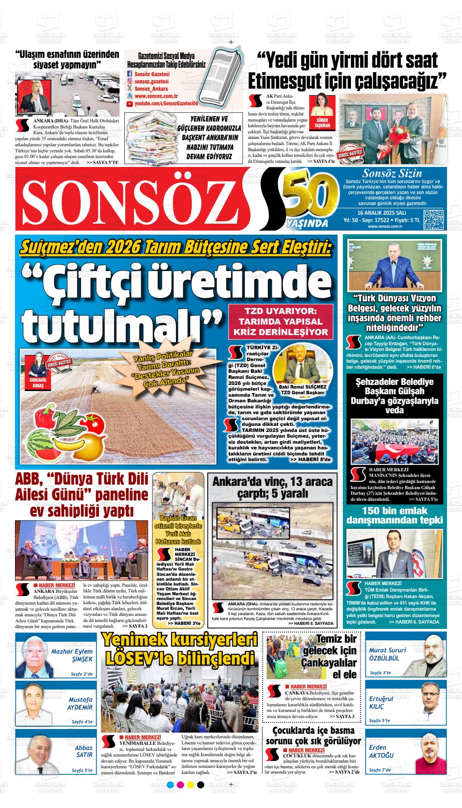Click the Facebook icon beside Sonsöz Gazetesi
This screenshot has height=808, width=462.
(x=130, y=74)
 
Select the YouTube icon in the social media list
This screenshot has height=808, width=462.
(x=130, y=104)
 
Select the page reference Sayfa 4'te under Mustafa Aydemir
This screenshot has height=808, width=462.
(x=82, y=722)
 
